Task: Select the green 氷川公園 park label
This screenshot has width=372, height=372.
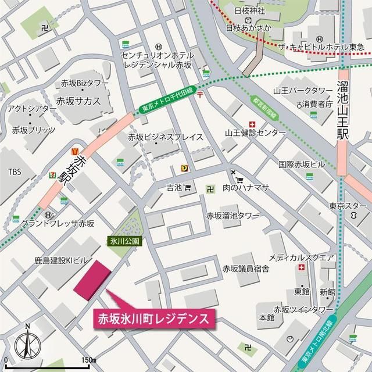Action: point(124,240)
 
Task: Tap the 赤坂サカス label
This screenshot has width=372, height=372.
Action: point(78,101)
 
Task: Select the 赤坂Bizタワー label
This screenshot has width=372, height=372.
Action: point(84,83)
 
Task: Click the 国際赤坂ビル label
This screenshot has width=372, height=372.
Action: point(302,164)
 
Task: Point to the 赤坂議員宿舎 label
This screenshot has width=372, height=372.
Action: point(245,269)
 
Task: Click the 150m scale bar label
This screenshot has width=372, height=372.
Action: point(88,361)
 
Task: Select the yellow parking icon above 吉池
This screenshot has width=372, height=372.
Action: point(185,168)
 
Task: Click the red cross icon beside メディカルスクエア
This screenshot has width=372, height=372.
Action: point(301,268)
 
